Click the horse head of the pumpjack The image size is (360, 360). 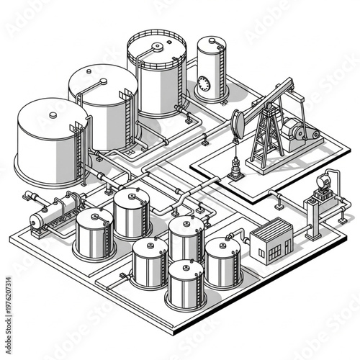pos(240,123)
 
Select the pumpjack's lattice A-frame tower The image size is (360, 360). pos(264,136)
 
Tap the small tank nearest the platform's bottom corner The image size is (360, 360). pos(185,284)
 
